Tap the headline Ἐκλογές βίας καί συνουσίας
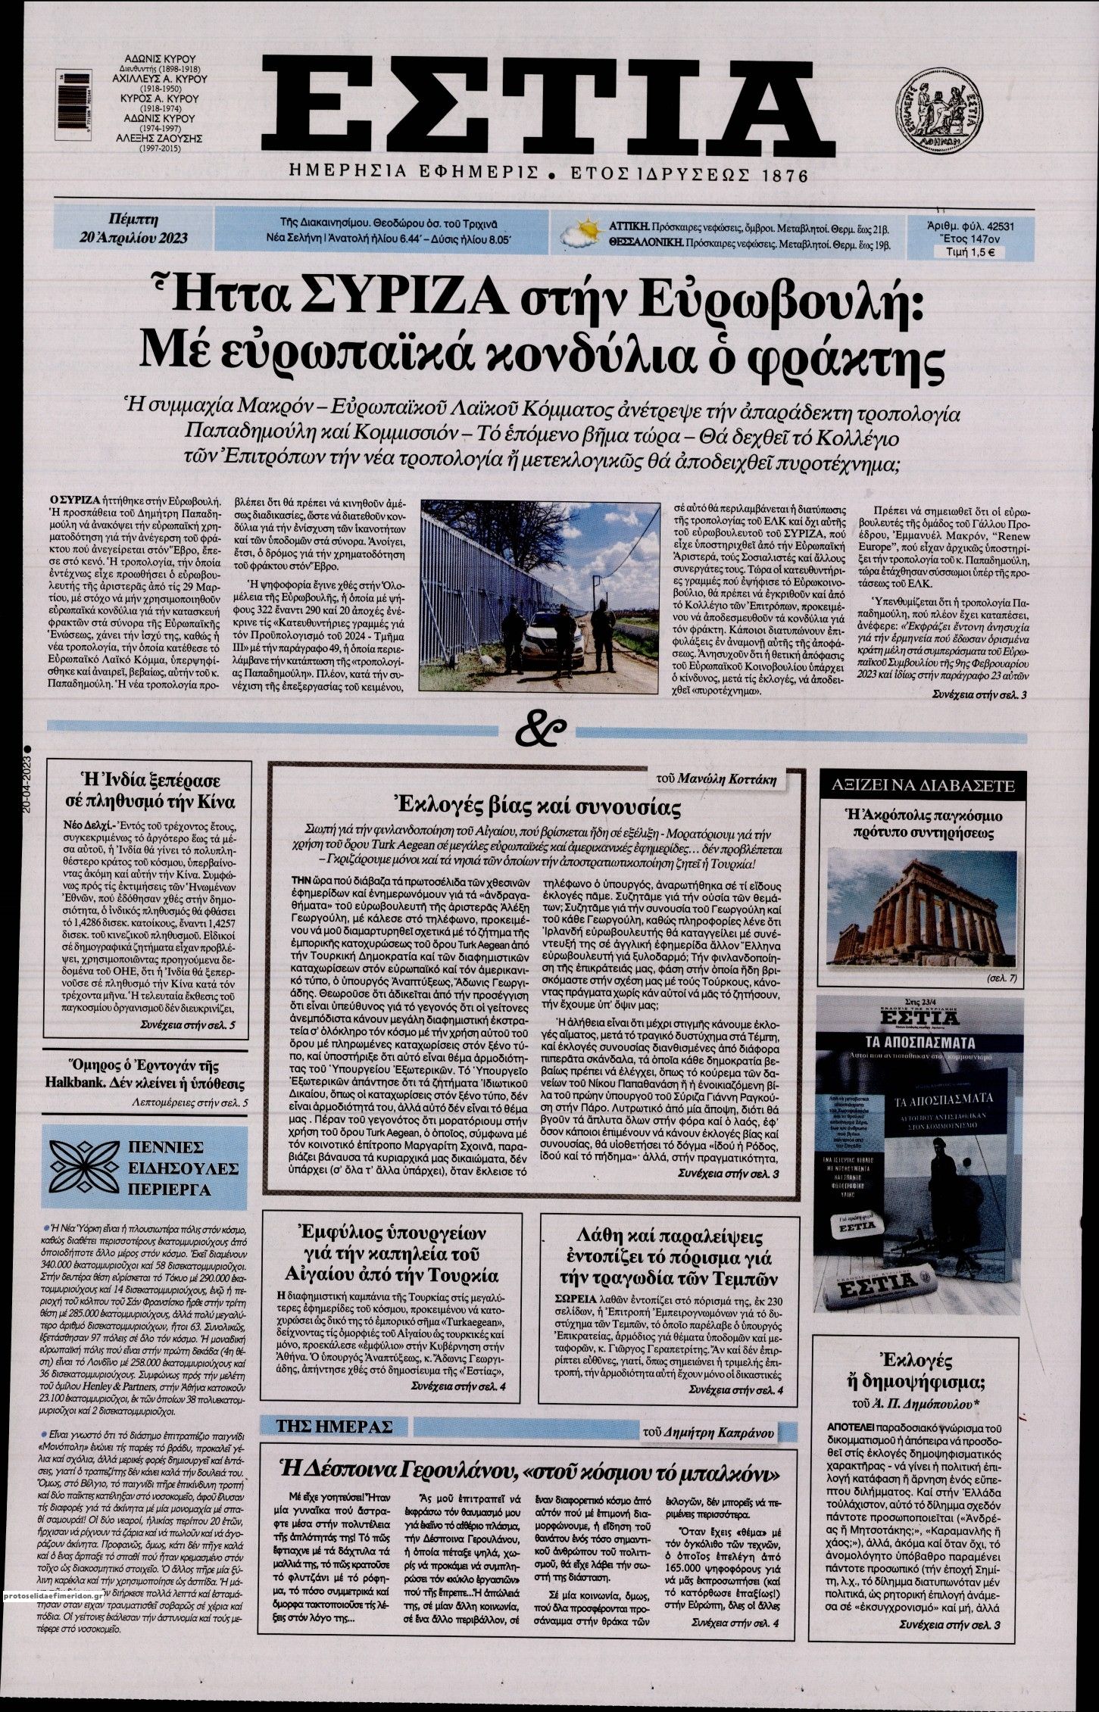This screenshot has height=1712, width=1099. pyautogui.click(x=533, y=804)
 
